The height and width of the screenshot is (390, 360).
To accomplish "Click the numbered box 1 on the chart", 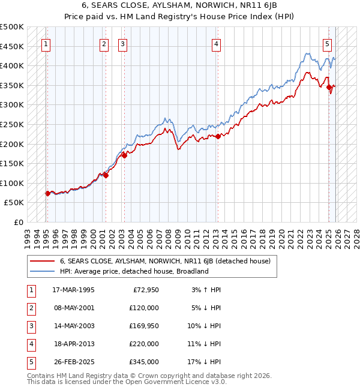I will point(47,43).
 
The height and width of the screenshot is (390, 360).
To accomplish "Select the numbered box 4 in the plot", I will point(216,43).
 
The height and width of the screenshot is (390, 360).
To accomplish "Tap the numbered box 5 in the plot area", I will point(327,43).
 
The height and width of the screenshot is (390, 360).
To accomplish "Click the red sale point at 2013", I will point(218,136).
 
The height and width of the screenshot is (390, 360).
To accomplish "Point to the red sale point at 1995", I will point(47,193).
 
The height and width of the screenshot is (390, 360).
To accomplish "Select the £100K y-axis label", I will point(12,183).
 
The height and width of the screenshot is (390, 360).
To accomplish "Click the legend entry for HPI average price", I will point(134,271).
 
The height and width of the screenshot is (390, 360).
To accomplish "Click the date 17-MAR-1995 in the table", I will point(73,290).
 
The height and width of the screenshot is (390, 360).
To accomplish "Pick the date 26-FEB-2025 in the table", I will point(73,362).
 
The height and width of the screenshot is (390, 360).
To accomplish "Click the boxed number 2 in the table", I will point(31,308).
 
